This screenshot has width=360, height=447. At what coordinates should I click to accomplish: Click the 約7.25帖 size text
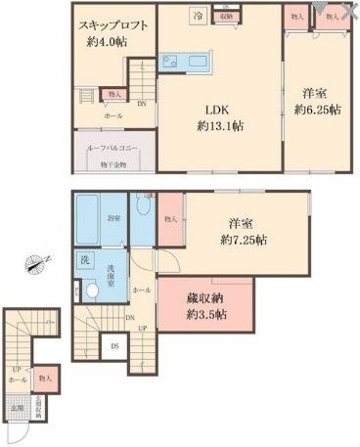(245, 241)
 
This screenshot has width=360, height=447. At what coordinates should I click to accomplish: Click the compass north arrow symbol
(35, 262)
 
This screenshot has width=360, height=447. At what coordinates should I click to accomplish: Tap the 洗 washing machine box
(84, 259)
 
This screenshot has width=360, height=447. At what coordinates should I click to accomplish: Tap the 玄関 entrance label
(17, 409)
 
